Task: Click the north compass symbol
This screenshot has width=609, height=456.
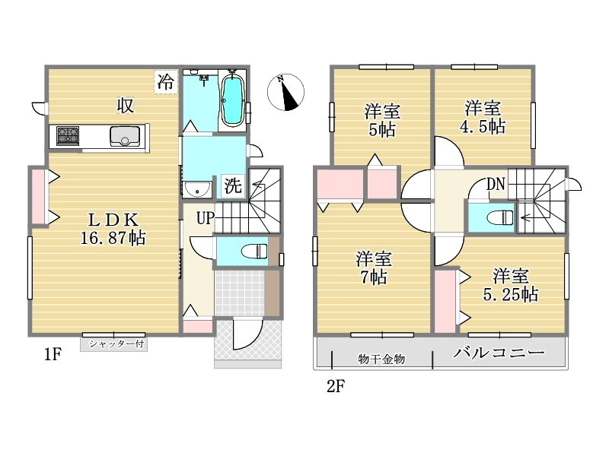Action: [x=285, y=92]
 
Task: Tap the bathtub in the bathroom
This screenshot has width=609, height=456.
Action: [x=232, y=100]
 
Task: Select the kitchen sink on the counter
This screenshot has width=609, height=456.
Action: [x=125, y=136]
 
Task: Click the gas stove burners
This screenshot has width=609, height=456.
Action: [x=68, y=136]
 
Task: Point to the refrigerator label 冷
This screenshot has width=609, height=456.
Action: [x=165, y=81]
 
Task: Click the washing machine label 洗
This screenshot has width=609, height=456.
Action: [x=233, y=185]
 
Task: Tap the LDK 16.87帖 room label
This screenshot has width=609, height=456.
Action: [x=113, y=230]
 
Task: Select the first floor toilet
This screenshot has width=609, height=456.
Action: [x=254, y=251]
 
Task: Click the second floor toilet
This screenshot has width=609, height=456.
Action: [x=500, y=217]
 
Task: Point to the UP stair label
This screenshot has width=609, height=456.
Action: [x=205, y=218]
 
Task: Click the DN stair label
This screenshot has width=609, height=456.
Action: [x=496, y=184]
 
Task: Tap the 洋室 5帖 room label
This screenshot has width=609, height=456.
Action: [x=382, y=120]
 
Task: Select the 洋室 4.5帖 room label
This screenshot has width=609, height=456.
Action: [x=483, y=117]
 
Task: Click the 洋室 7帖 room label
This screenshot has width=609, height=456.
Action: [x=374, y=268]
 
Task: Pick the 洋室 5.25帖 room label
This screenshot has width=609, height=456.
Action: [x=510, y=285]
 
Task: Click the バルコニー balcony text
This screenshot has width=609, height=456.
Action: [x=499, y=353]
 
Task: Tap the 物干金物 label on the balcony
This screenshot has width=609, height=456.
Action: [x=381, y=359]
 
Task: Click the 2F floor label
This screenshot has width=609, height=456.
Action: [x=336, y=386]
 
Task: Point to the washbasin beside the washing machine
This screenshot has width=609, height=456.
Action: [x=198, y=189]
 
